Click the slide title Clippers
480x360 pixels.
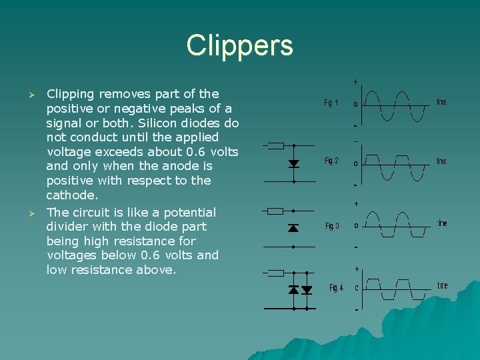pyautogui.click(x=239, y=45)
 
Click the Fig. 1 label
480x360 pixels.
pyautogui.click(x=331, y=103)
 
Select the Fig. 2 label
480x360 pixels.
pyautogui.click(x=331, y=161)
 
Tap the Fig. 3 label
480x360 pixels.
pyautogui.click(x=332, y=226)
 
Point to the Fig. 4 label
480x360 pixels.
pyautogui.click(x=336, y=288)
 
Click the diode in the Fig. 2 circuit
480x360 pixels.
pyautogui.click(x=293, y=163)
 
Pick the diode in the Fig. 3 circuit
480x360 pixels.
pyautogui.click(x=293, y=228)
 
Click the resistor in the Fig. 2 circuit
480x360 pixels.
pyautogui.click(x=275, y=145)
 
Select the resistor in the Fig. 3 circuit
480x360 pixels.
pyautogui.click(x=275, y=211)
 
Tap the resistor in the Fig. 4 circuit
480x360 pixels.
pyautogui.click(x=275, y=273)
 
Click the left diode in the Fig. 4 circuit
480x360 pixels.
pyautogui.click(x=293, y=290)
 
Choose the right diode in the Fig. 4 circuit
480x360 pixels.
pyautogui.click(x=307, y=290)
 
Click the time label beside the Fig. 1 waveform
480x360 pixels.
pyautogui.click(x=441, y=102)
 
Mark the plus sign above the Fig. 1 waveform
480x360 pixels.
pyautogui.click(x=355, y=81)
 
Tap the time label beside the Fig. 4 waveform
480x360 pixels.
pyautogui.click(x=442, y=285)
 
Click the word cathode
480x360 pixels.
pyautogui.click(x=71, y=195)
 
